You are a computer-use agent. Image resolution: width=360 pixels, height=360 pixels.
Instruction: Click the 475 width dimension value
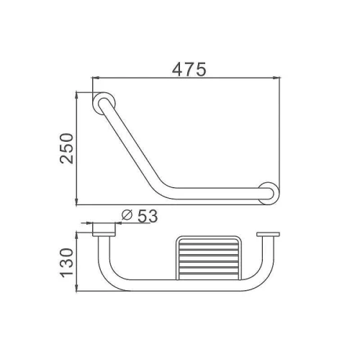click(x=189, y=69)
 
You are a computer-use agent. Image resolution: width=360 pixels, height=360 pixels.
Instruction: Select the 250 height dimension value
click(x=66, y=148)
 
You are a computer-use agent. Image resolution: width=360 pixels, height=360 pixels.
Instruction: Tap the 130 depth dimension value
click(x=66, y=263)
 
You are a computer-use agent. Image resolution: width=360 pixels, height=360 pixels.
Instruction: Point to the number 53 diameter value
click(x=148, y=216)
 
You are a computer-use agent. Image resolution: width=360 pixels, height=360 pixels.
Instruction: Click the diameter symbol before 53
click(x=127, y=215)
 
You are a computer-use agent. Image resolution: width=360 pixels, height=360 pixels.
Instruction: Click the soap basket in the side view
click(x=208, y=258)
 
